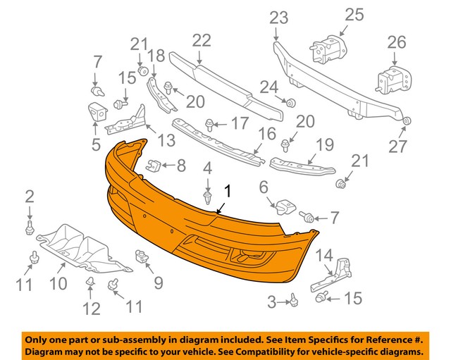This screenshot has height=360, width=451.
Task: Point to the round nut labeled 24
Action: click(x=289, y=104)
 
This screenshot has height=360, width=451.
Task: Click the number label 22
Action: click(x=202, y=41)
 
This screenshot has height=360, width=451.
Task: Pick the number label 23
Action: click(x=278, y=16)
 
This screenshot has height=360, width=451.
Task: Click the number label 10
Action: click(x=58, y=283)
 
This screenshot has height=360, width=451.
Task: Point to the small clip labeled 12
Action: click(x=91, y=283)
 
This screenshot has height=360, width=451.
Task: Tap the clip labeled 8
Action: click(x=151, y=167)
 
